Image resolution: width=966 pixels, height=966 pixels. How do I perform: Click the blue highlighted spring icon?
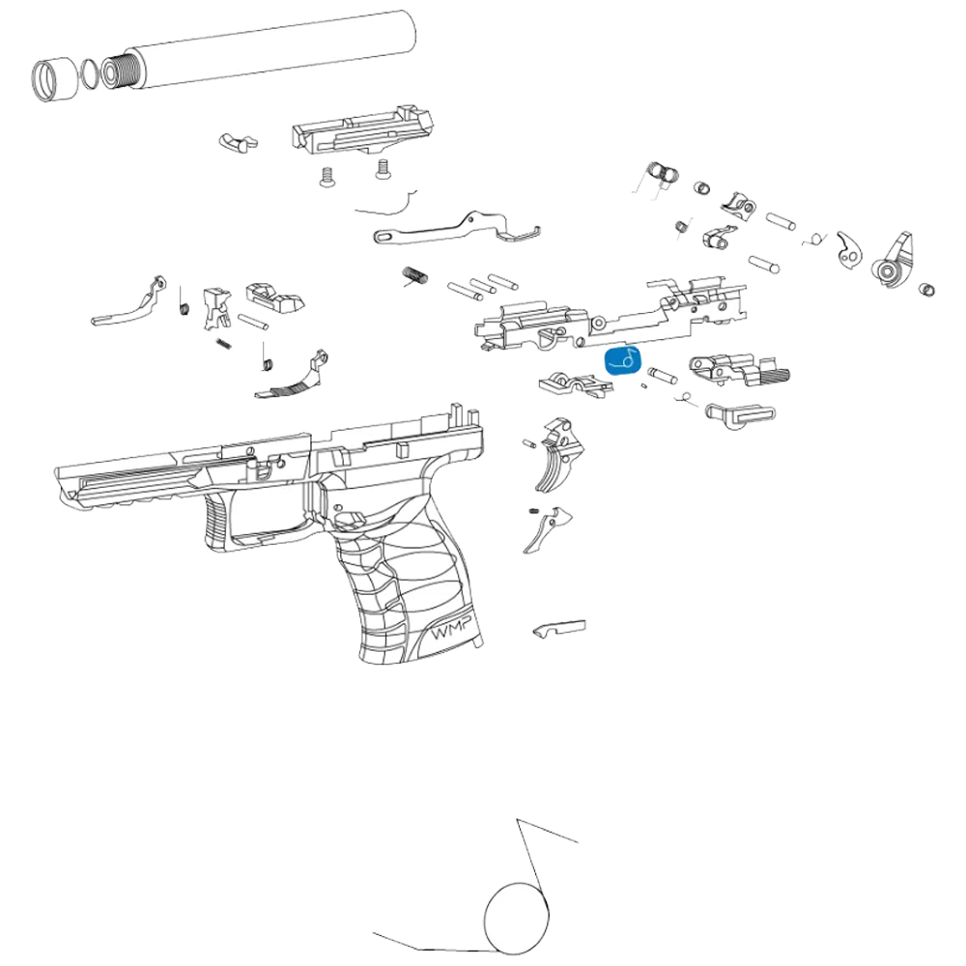623,361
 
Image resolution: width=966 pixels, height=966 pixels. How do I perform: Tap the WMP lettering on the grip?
452,630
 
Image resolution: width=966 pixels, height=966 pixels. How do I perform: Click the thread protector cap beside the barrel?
53,79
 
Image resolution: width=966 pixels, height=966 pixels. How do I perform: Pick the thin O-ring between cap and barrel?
89,74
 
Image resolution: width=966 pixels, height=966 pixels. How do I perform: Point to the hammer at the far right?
894,261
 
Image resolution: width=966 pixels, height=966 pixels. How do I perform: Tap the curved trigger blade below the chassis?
558,456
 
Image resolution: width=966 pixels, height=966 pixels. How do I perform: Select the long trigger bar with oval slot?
457,228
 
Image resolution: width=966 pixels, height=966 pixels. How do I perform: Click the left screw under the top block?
327,178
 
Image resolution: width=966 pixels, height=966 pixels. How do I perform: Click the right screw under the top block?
384,169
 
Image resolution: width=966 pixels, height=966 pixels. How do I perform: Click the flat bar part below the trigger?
558,629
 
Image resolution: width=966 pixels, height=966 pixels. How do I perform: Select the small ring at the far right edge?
926,288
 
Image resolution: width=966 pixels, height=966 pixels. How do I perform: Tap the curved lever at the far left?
130,301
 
